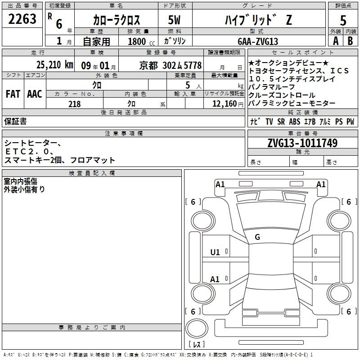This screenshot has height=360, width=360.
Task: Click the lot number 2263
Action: click(x=22, y=19)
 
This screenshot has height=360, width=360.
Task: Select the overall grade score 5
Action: click(x=343, y=20)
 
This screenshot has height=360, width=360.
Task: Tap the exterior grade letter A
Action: click(x=336, y=41)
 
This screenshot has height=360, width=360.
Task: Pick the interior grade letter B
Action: click(x=350, y=41)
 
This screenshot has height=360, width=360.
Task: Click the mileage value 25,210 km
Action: click(x=54, y=65)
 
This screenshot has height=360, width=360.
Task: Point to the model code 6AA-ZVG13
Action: click(x=258, y=41)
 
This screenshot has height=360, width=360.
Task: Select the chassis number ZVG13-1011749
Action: click(x=302, y=143)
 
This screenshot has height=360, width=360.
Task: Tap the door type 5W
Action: click(x=174, y=20)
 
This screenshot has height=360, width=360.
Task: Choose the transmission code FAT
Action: click(x=13, y=94)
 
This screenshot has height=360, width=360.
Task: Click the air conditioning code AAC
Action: click(x=35, y=94)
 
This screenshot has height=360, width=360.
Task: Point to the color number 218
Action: click(x=74, y=104)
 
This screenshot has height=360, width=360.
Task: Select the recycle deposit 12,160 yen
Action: click(x=228, y=104)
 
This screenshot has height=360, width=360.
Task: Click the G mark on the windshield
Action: click(x=257, y=237)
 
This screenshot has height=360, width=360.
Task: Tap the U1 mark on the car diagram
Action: click(x=215, y=252)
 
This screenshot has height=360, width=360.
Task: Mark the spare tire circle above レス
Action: click(x=197, y=328)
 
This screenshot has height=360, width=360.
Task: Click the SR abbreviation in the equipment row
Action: click(x=281, y=121)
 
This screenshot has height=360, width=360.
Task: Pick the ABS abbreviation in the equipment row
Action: click(x=295, y=121)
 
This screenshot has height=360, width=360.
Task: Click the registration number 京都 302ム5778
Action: click(x=171, y=66)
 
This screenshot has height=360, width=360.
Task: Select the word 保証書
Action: click(x=15, y=121)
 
